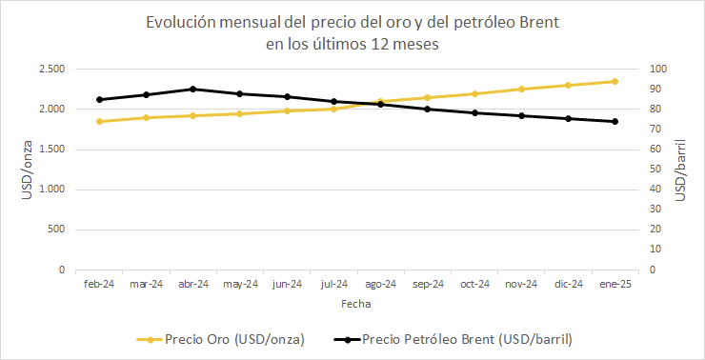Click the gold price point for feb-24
99,121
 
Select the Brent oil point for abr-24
192,89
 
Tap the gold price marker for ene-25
614,81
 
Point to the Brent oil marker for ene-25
614,121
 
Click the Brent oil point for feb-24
99,99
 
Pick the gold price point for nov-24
521,89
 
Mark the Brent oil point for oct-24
474,112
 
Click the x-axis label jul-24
333,284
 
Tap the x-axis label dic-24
568,284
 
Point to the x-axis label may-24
240,284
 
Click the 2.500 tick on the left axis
50,70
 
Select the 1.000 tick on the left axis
50,190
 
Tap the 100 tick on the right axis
658,70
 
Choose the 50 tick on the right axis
655,170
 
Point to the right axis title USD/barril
680,169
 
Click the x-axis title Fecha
356,305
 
